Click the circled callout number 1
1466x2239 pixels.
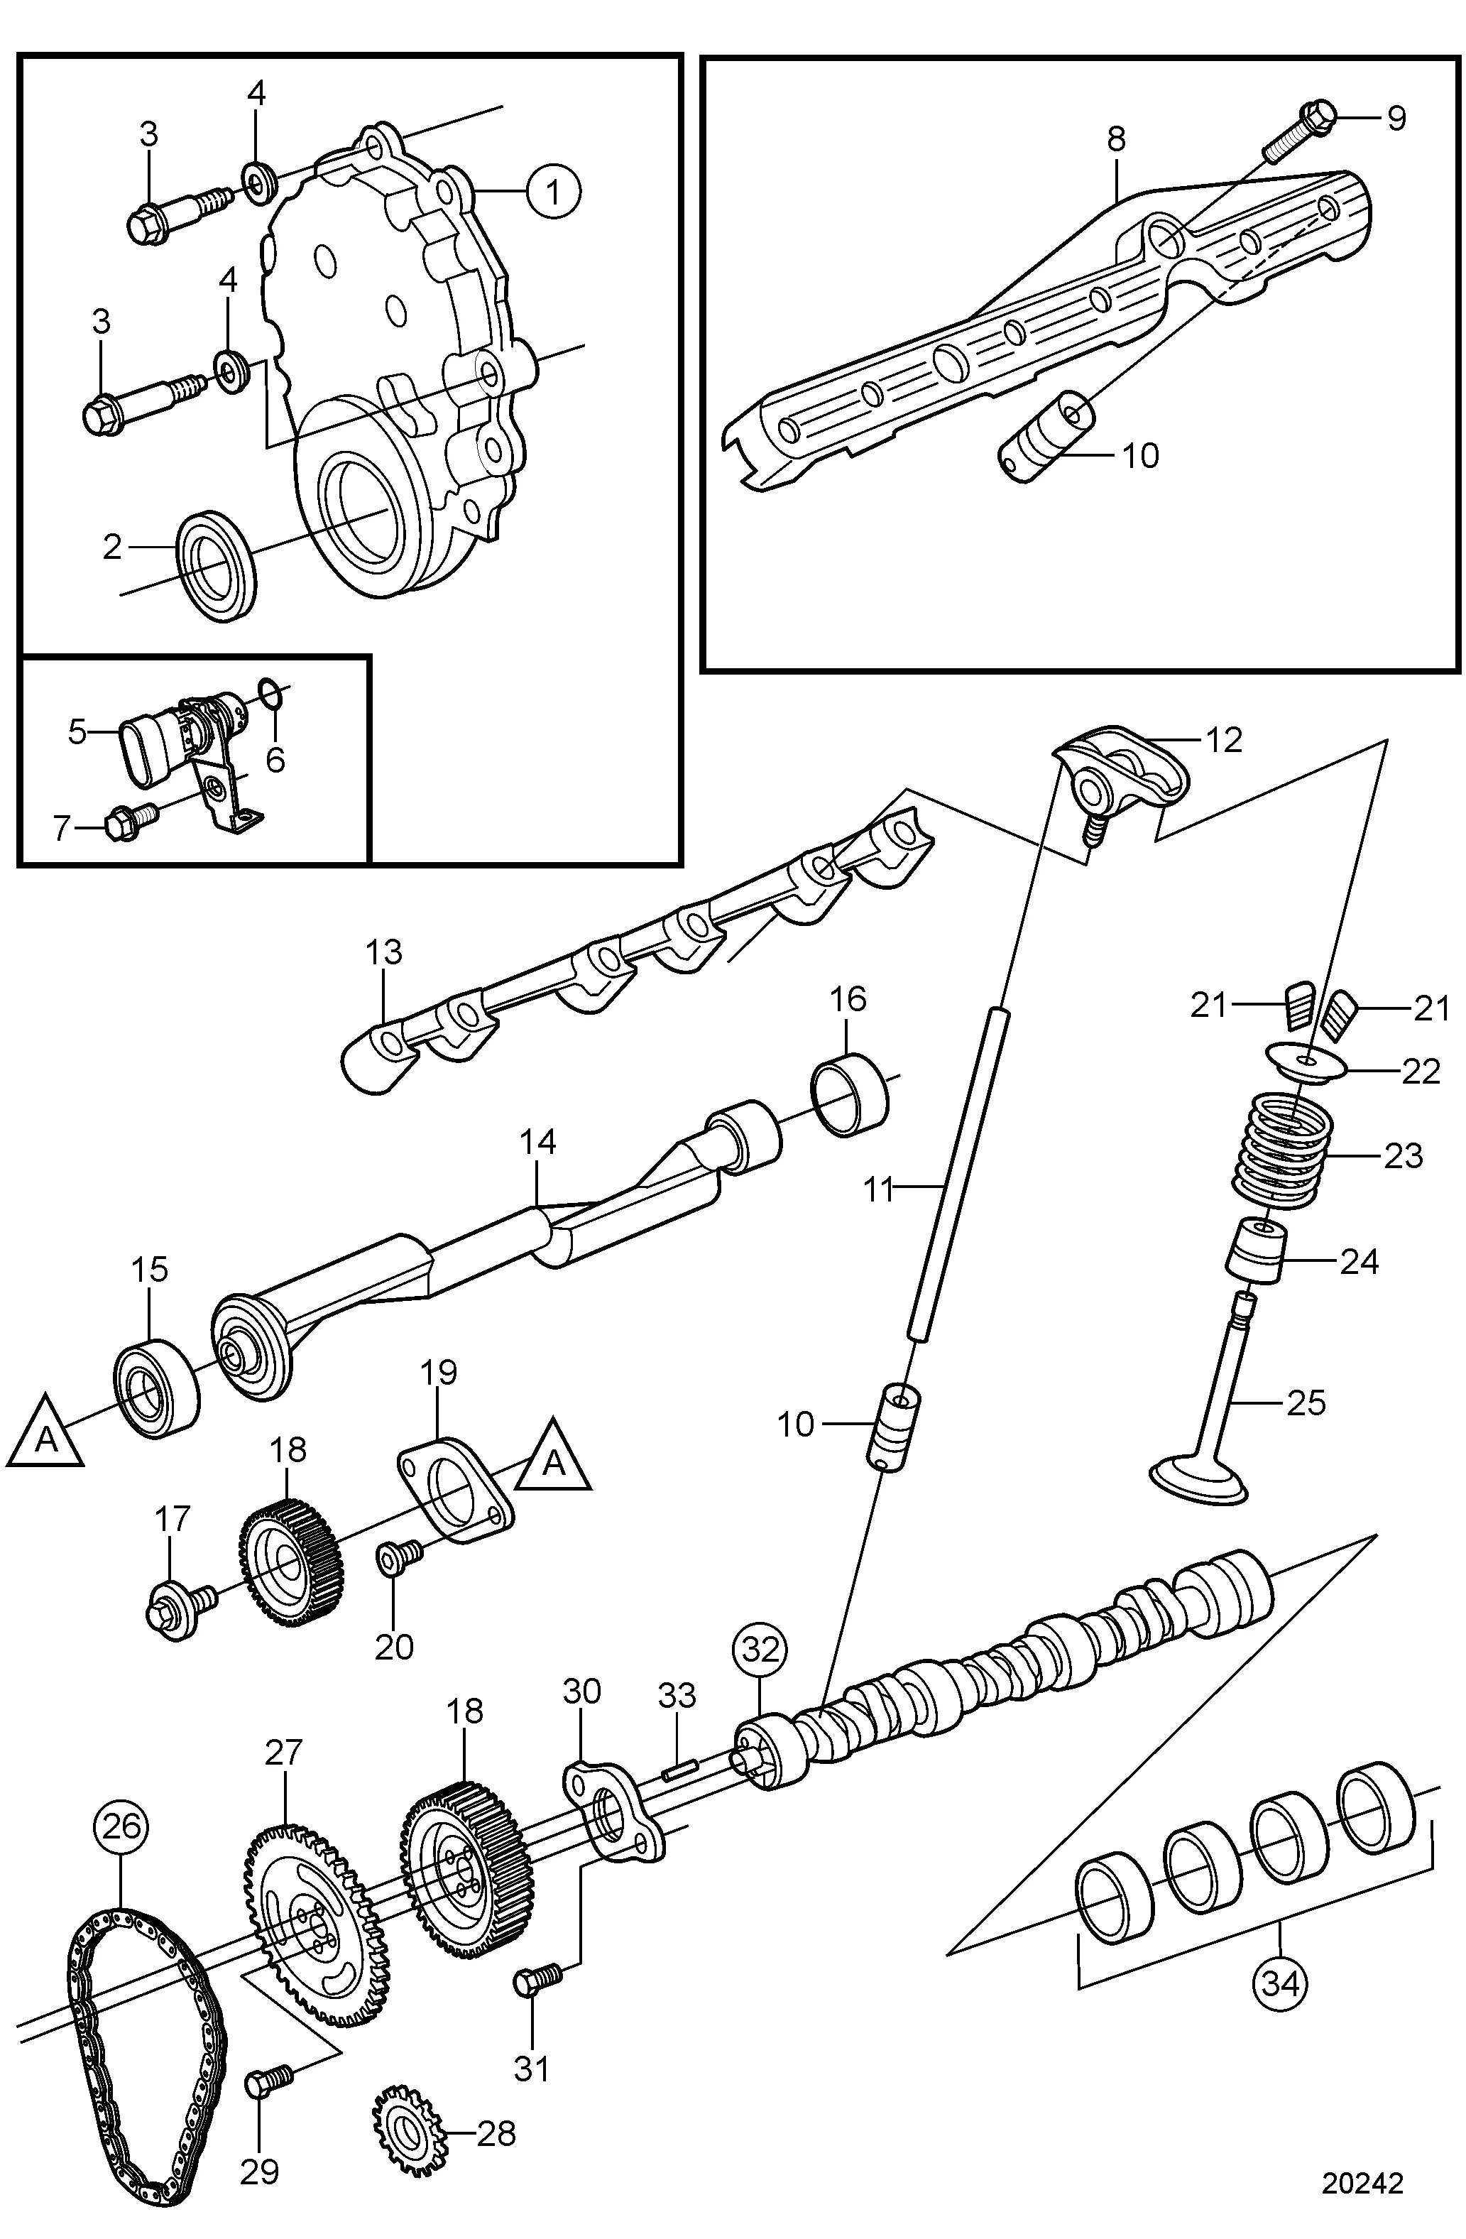click(553, 192)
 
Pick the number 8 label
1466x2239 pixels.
click(1115, 139)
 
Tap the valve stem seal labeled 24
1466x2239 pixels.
click(1254, 1251)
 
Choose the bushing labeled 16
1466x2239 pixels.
click(849, 1094)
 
